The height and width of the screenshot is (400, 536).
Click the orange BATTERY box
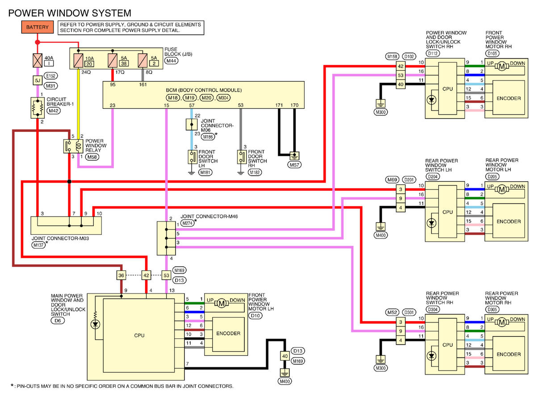(x=38, y=27)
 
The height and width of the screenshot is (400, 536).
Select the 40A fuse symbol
(x=38, y=60)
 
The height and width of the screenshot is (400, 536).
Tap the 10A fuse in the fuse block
(x=78, y=60)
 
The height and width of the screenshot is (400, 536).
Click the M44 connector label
(x=171, y=61)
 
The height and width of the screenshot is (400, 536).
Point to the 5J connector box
(x=38, y=81)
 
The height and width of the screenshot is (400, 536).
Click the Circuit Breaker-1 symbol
(x=38, y=108)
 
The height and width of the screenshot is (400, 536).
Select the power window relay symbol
(x=73, y=146)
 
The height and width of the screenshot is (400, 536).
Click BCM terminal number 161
(x=143, y=85)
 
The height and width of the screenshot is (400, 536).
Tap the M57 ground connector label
(x=294, y=165)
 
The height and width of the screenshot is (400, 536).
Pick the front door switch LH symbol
(x=193, y=157)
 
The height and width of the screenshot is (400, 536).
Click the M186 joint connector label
(x=208, y=137)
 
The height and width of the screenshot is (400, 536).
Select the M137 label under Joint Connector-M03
(x=38, y=245)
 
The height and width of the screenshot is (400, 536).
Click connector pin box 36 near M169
(x=121, y=275)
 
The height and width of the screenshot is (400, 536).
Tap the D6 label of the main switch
(x=58, y=320)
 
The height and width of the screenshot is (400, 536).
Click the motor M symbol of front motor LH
(x=222, y=303)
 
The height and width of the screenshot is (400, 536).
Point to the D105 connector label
(x=492, y=53)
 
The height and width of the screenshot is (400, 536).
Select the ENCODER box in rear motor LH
(x=508, y=221)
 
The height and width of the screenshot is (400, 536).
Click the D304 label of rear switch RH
(x=432, y=310)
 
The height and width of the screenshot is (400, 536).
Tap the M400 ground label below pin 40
(x=285, y=381)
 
